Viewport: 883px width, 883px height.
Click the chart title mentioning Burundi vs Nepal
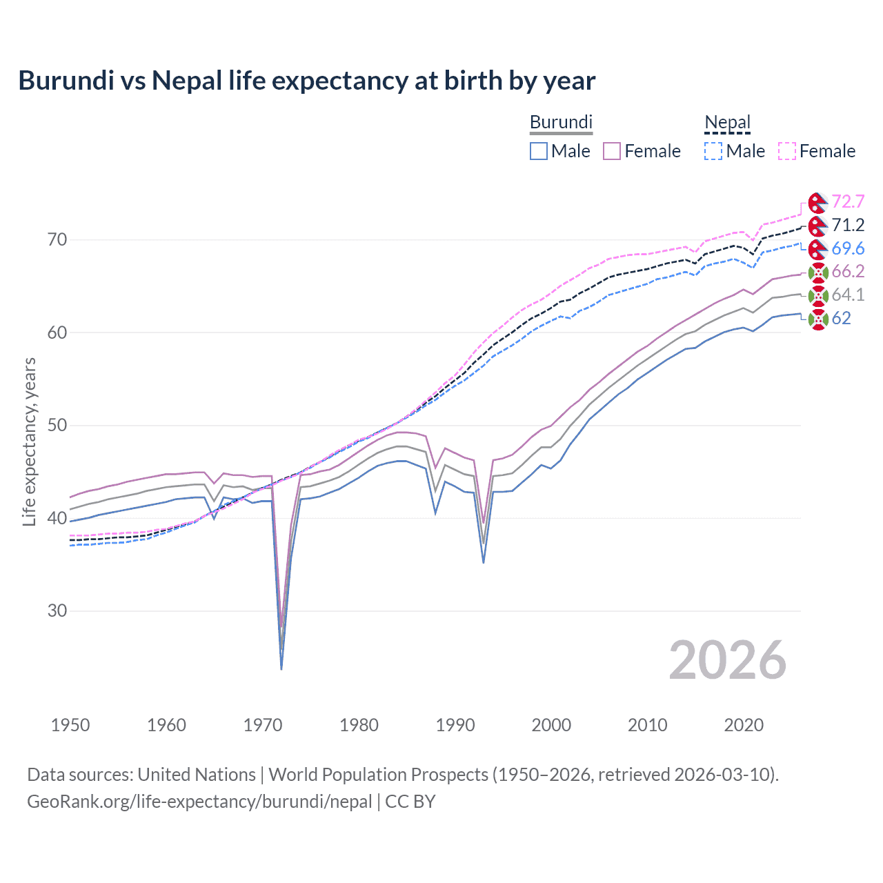(x=307, y=81)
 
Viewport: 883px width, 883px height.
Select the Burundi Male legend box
(x=539, y=151)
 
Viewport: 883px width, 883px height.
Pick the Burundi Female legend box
(x=612, y=151)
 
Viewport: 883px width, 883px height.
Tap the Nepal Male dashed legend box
(x=713, y=151)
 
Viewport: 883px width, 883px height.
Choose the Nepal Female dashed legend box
(x=787, y=151)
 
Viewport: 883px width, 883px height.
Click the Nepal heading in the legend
(x=727, y=122)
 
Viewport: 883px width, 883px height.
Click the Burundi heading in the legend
(x=561, y=122)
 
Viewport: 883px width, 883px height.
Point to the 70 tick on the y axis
(x=57, y=240)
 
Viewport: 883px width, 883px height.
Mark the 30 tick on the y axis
(x=57, y=611)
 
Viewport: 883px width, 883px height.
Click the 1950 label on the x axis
(x=70, y=725)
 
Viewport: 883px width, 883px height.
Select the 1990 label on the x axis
(x=455, y=725)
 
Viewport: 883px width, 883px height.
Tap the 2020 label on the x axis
(x=744, y=725)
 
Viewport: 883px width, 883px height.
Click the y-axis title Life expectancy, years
(x=29, y=441)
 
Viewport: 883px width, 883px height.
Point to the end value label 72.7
(x=848, y=201)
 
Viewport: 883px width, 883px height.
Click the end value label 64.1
(x=848, y=295)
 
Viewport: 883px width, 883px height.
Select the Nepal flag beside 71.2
(x=817, y=226)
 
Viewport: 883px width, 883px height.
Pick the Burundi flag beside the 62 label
(x=817, y=319)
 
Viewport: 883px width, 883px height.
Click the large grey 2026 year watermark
(x=728, y=660)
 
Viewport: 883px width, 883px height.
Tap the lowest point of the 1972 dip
(x=281, y=668)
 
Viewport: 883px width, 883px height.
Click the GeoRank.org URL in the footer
(x=199, y=802)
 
